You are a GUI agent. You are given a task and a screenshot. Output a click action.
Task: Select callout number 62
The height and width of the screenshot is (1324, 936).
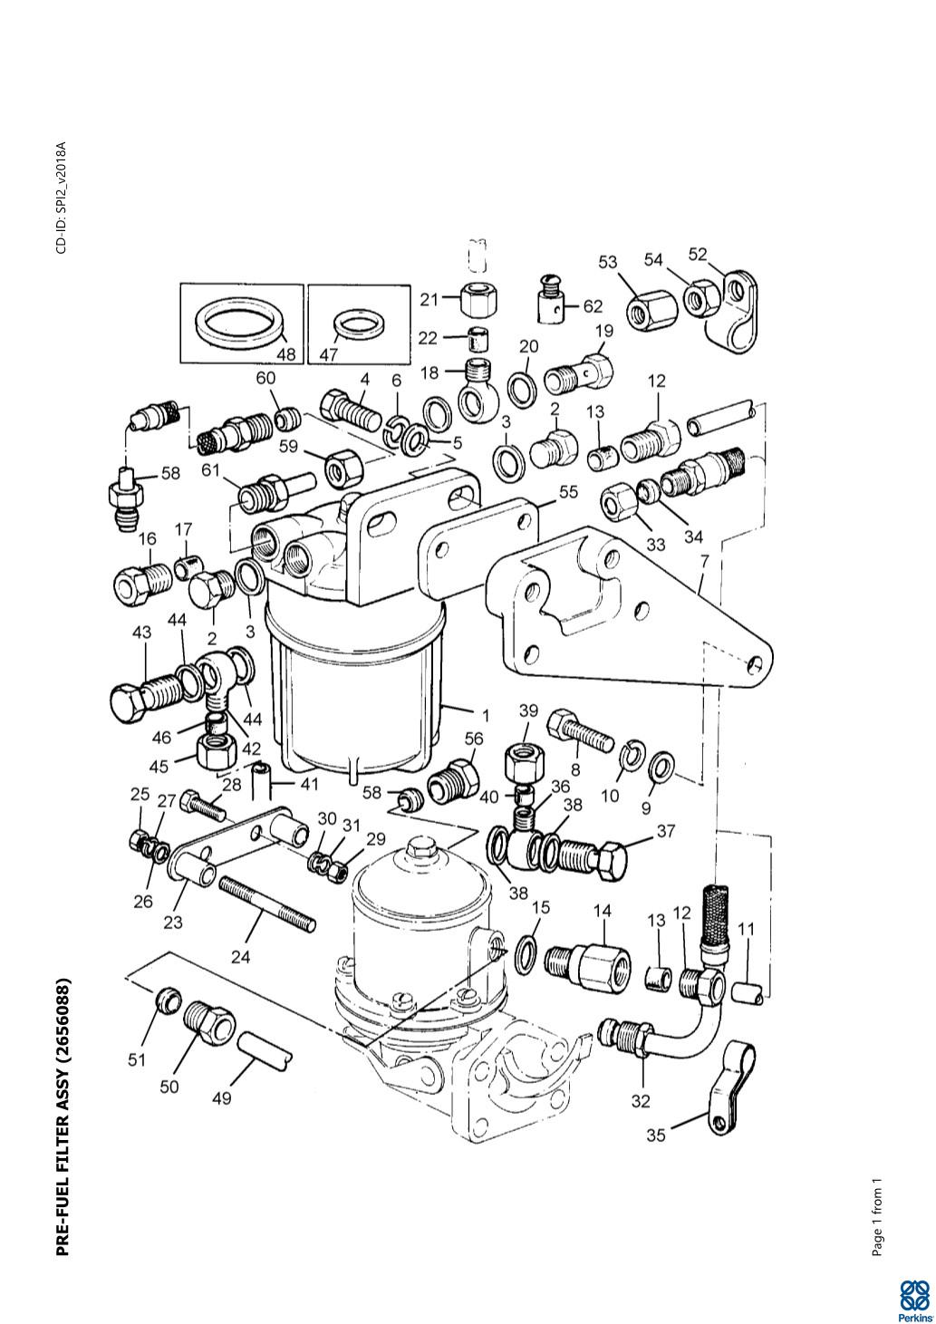[593, 306]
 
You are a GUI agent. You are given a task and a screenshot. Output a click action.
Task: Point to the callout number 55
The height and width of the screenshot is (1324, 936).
[568, 492]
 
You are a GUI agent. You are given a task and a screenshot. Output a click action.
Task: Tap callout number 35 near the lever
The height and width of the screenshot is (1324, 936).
[656, 1135]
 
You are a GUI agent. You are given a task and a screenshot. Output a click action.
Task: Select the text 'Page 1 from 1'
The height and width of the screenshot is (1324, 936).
[877, 1221]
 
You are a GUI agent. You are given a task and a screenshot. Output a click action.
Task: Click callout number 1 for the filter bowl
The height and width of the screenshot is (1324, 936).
[485, 717]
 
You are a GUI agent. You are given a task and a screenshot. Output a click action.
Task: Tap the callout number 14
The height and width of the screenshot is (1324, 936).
[603, 911]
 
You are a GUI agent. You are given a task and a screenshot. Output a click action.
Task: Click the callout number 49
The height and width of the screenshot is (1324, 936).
[222, 1098]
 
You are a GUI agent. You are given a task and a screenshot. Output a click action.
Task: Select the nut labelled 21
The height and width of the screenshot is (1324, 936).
[478, 298]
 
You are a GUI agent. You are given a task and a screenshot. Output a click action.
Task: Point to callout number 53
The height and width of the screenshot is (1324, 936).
[607, 262]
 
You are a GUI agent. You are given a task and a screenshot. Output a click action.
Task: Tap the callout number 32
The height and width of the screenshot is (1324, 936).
[641, 1101]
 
